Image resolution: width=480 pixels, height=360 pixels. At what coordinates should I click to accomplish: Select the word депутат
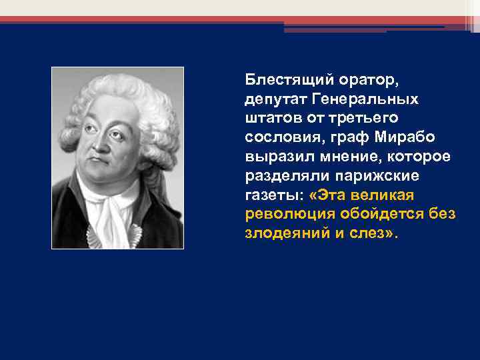point(274,99)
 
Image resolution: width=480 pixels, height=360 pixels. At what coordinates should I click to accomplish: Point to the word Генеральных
point(363,99)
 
